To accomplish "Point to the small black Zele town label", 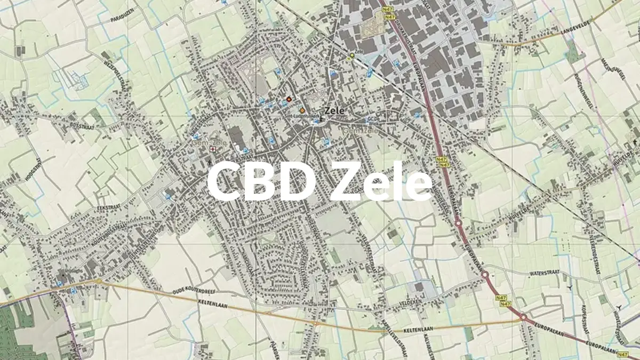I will (334, 110).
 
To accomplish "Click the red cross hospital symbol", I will (213, 149).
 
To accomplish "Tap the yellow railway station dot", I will (351, 55).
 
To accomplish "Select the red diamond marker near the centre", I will (289, 99).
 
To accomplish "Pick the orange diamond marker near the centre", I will (302, 110).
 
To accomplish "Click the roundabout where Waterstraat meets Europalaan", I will (485, 276).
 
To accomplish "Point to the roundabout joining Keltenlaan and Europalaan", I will (523, 318).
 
